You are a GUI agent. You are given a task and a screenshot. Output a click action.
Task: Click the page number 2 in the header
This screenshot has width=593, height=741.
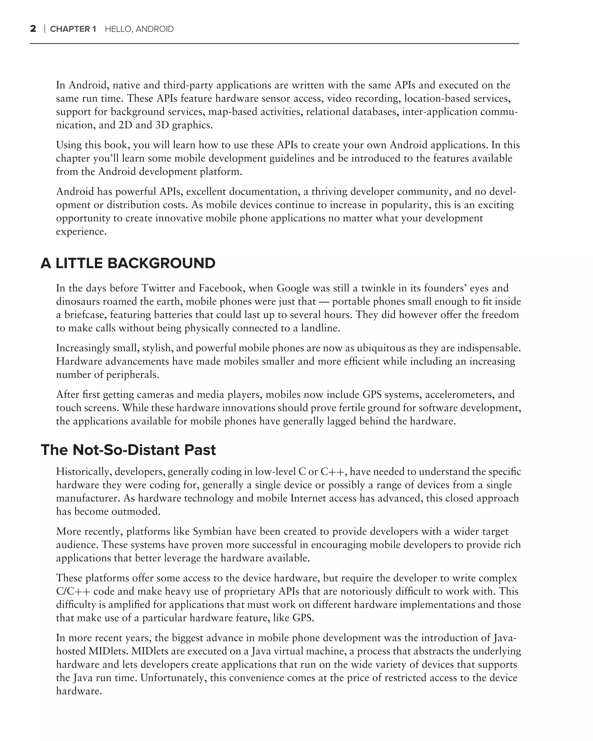33,29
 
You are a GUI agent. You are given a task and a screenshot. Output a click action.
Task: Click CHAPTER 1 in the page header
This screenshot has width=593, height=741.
73,29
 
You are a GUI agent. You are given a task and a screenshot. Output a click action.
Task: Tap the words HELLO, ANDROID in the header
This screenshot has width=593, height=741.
139,29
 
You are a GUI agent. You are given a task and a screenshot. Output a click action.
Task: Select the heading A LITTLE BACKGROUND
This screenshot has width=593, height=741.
128,264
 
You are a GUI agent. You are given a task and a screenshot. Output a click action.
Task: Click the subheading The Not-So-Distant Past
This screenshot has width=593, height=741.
128,450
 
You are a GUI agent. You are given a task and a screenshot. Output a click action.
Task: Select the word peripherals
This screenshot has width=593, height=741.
132,375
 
